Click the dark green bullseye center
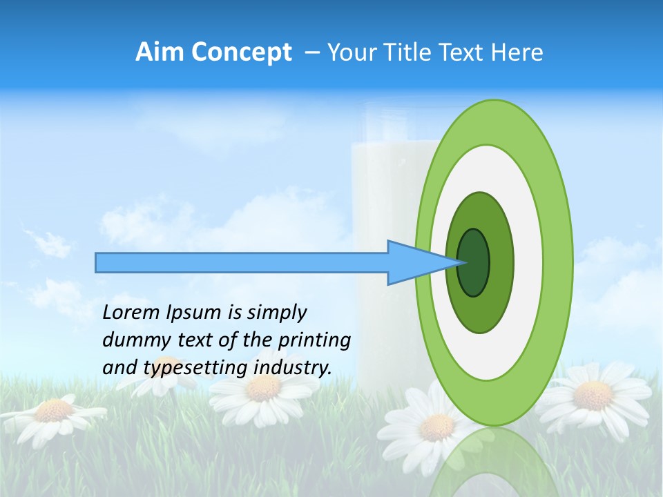474,262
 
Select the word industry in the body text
293,367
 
